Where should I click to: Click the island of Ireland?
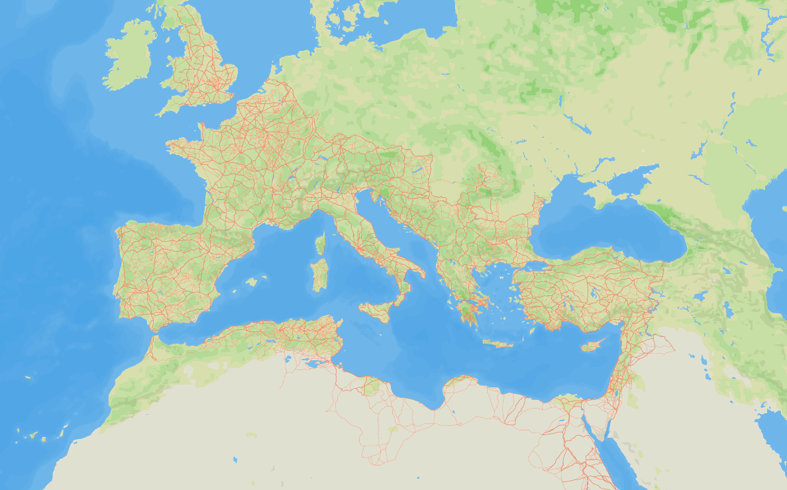point(129,56)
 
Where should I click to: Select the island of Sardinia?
point(320,275)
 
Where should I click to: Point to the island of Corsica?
point(321,244)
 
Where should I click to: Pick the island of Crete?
point(498,344)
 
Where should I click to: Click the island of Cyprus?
point(592,346)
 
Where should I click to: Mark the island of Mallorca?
point(251,282)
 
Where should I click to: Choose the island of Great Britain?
point(202,66)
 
